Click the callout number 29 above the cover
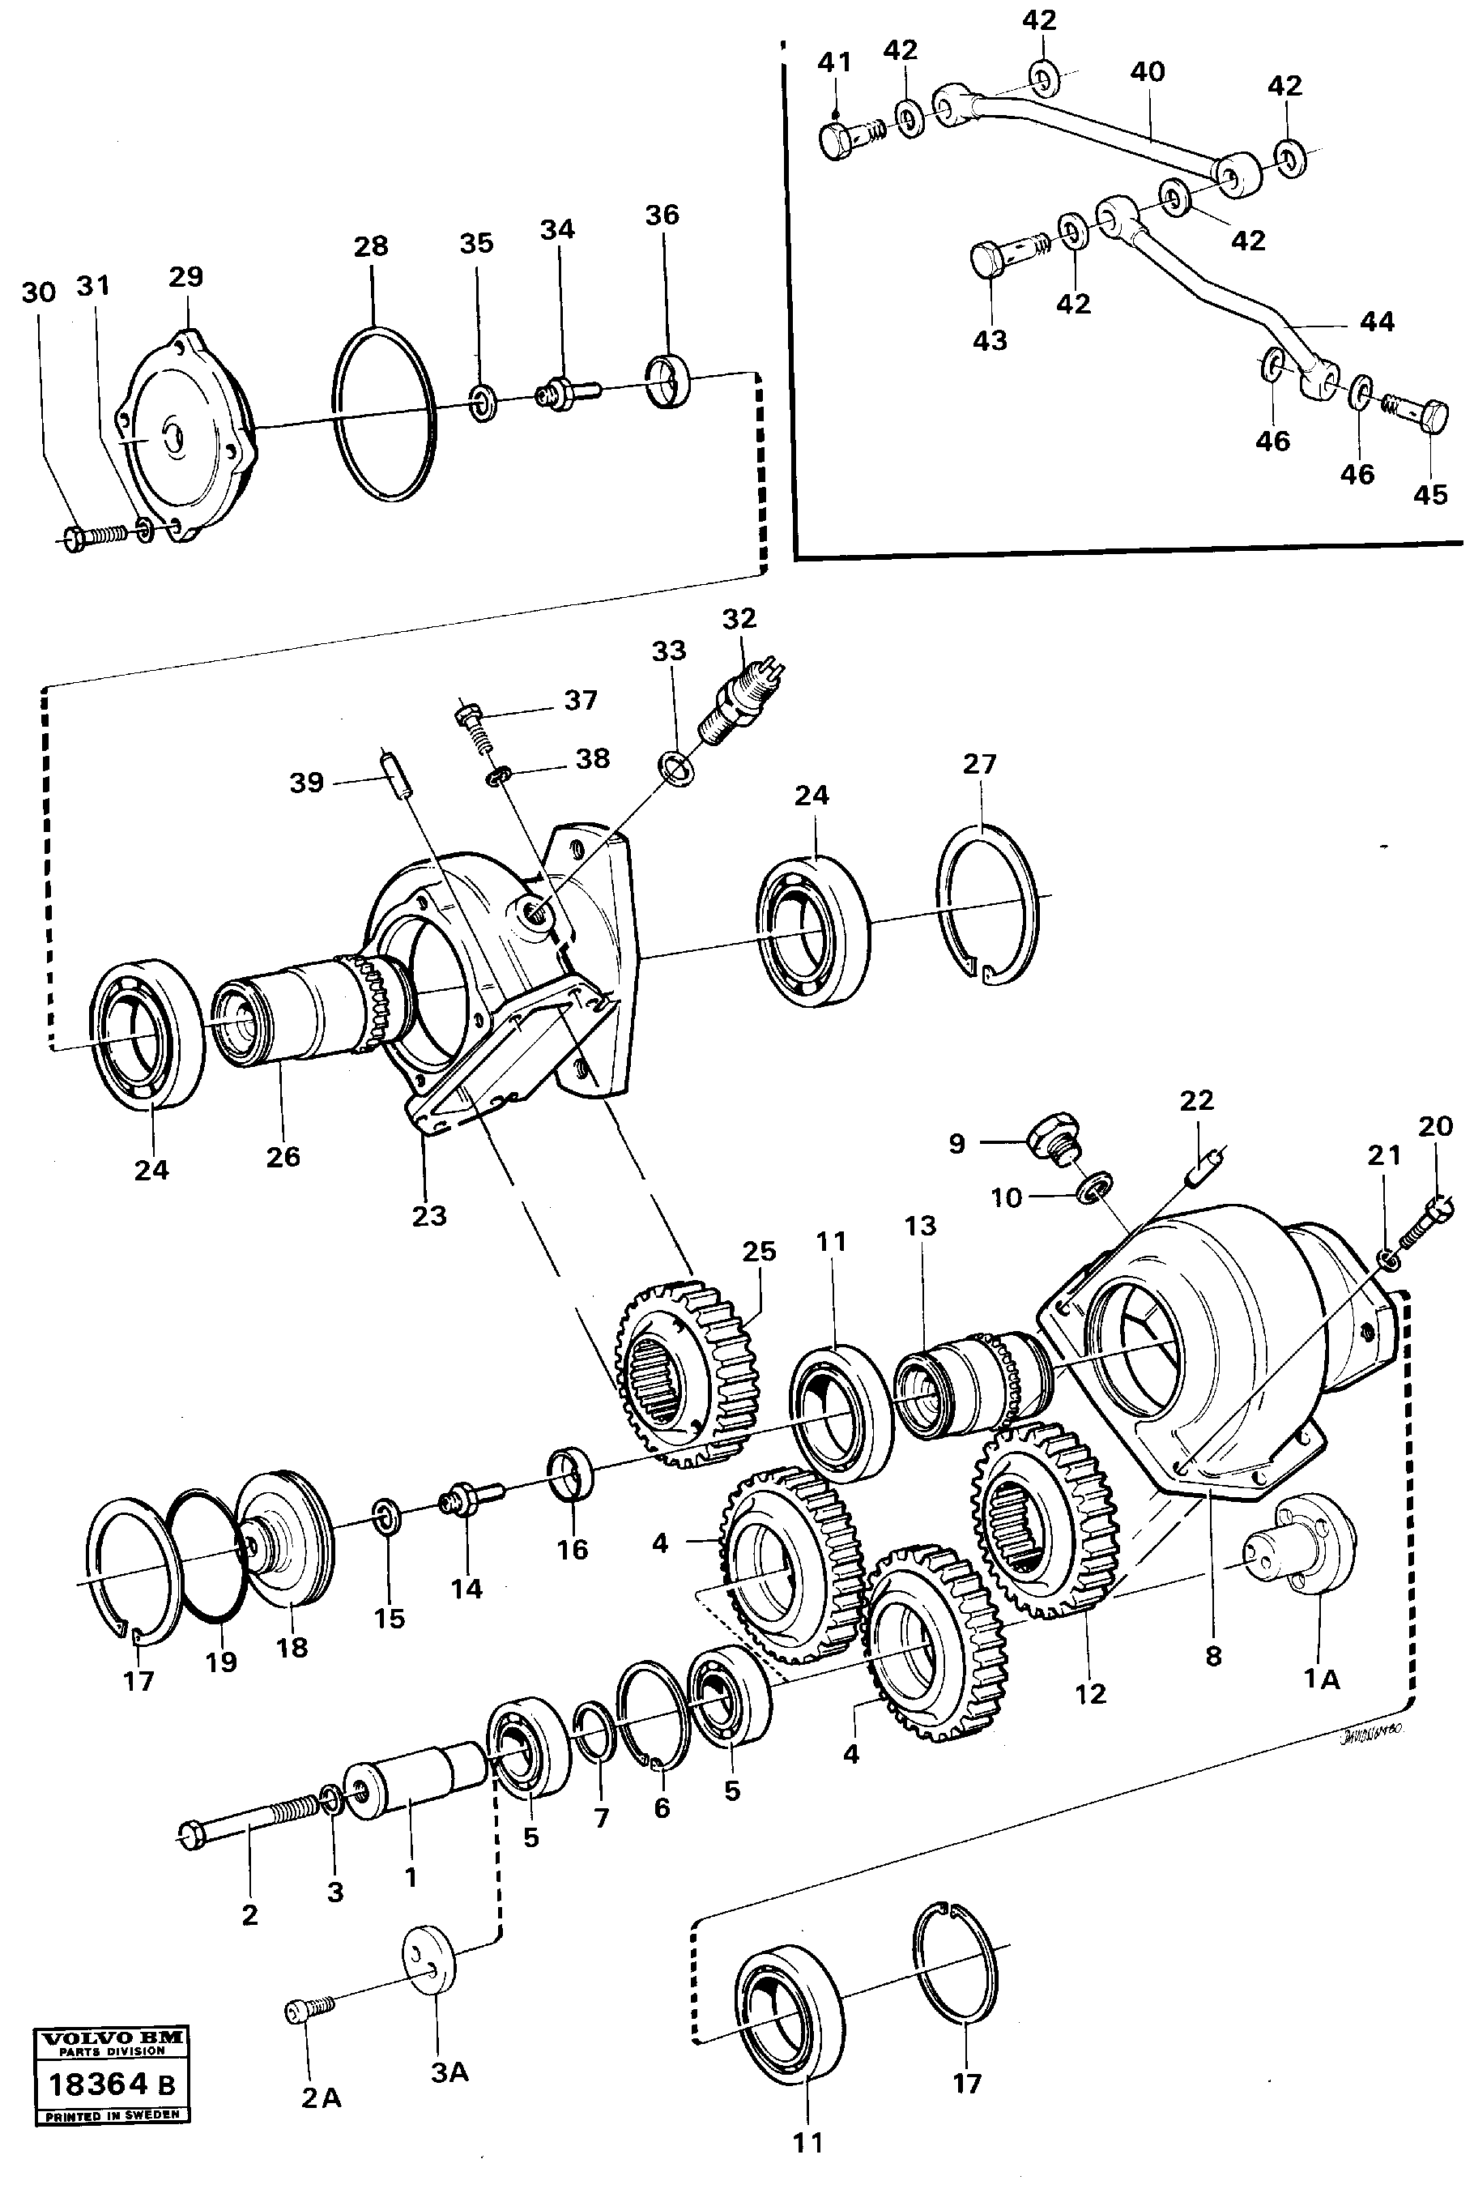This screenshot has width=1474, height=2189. click(x=185, y=276)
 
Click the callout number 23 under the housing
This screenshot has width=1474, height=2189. click(x=428, y=1216)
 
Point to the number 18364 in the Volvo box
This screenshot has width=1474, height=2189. click(x=98, y=2084)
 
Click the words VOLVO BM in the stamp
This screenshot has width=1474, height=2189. click(x=112, y=2038)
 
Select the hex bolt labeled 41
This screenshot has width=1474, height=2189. click(x=838, y=140)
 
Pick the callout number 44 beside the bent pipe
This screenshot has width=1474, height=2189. click(x=1377, y=322)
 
